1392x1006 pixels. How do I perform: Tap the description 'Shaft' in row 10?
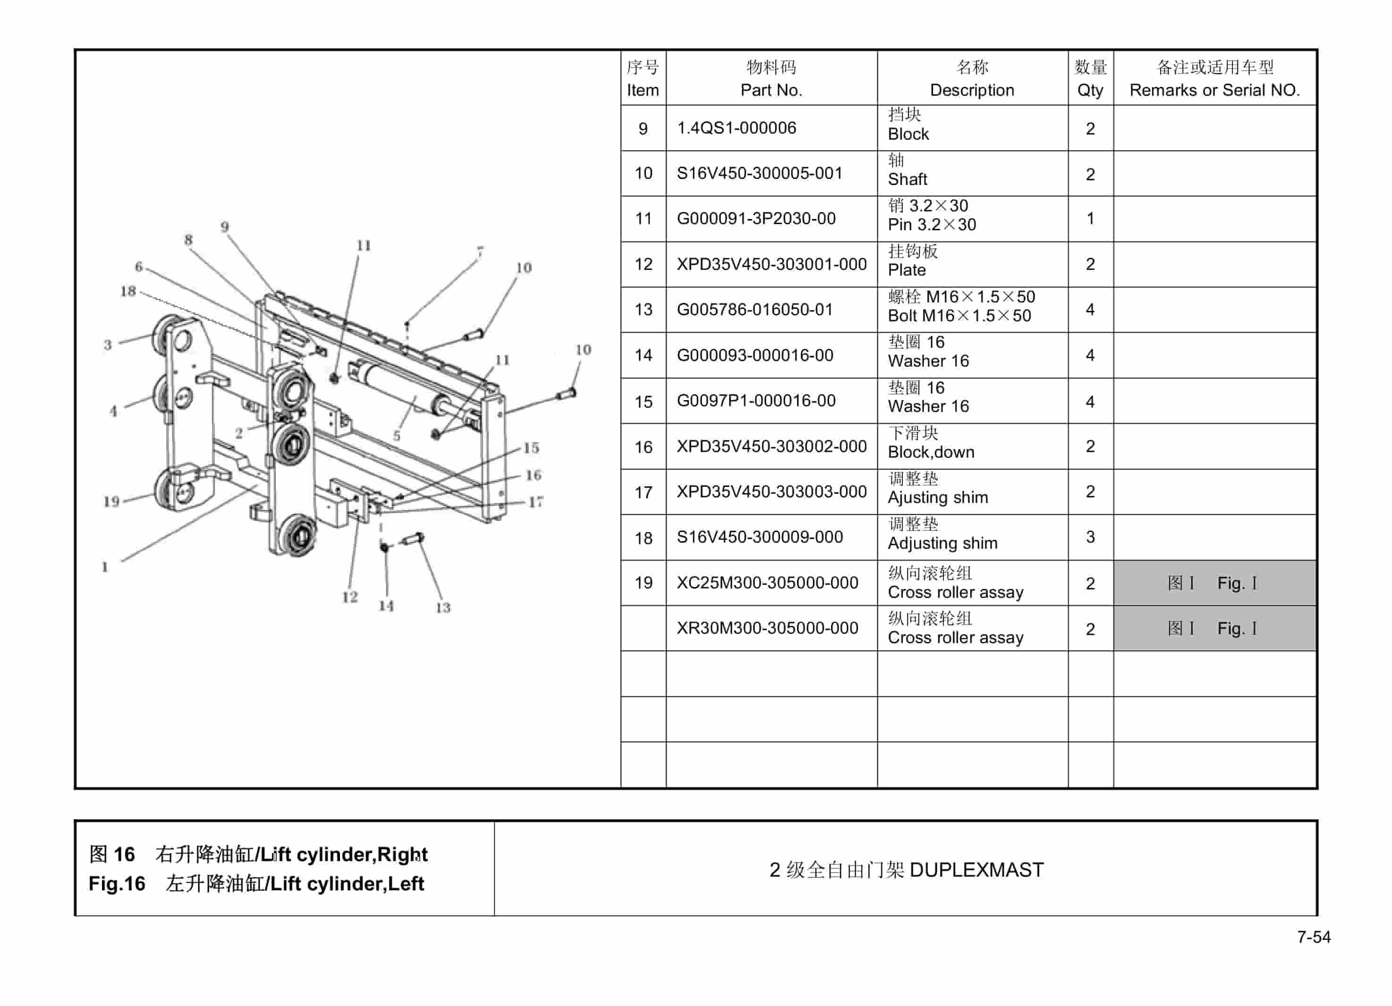tap(907, 180)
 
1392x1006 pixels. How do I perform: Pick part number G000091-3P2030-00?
tap(755, 219)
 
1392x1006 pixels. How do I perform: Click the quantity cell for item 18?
tap(1090, 537)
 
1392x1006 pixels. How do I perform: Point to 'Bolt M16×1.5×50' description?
tap(959, 317)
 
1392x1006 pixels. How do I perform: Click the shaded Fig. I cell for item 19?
tap(1214, 583)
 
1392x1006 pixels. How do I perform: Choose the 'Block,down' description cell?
tap(931, 453)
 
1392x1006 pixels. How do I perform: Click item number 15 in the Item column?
tap(643, 402)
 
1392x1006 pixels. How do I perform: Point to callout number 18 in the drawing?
tap(127, 291)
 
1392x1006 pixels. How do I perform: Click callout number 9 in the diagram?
tap(225, 227)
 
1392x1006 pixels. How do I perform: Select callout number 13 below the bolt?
tap(442, 607)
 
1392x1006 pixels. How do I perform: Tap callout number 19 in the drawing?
tap(111, 501)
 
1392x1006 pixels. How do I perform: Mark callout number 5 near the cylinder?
tap(397, 436)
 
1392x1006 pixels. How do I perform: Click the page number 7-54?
tap(1314, 937)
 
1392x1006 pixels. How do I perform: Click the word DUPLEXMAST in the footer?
tap(976, 870)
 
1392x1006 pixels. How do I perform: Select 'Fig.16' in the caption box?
tap(117, 884)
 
